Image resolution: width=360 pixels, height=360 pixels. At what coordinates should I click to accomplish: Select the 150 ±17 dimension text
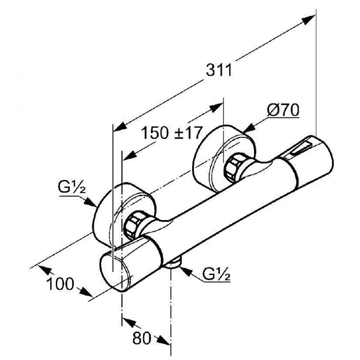pyautogui.click(x=171, y=133)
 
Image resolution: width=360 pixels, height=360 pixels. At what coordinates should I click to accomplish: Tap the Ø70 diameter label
pyautogui.click(x=283, y=110)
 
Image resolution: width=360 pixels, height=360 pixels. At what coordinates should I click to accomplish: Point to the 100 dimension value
pyautogui.click(x=60, y=284)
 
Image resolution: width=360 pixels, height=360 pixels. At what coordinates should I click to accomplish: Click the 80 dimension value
pyautogui.click(x=142, y=338)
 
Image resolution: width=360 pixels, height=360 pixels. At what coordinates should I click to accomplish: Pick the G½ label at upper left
pyautogui.click(x=72, y=187)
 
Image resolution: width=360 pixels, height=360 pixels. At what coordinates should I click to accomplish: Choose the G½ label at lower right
pyautogui.click(x=216, y=274)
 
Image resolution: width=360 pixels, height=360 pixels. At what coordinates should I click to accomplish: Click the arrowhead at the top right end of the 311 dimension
pyautogui.click(x=309, y=19)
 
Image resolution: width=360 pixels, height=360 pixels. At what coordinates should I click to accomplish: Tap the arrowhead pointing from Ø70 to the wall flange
pyautogui.click(x=249, y=128)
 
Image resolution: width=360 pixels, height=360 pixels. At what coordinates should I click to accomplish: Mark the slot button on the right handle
pyautogui.click(x=300, y=148)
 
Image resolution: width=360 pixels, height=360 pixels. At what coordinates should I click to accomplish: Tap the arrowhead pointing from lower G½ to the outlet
pyautogui.click(x=186, y=271)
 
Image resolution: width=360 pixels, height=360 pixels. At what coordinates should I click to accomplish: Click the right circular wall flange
pyautogui.click(x=224, y=158)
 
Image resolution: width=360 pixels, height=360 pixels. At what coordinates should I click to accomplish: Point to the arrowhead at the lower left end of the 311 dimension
pyautogui.click(x=120, y=127)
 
